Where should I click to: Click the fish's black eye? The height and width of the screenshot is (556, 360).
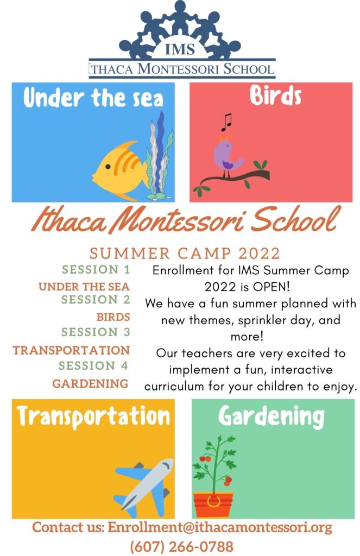pyautogui.click(x=108, y=166)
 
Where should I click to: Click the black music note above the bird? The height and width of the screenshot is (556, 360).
pyautogui.click(x=226, y=122)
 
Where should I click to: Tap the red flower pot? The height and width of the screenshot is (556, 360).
pyautogui.click(x=213, y=504)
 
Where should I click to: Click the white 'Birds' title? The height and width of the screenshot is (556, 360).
pyautogui.click(x=275, y=96)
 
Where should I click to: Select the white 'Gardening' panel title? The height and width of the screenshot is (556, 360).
pyautogui.click(x=271, y=416)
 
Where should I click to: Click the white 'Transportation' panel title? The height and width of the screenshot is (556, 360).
pyautogui.click(x=93, y=416)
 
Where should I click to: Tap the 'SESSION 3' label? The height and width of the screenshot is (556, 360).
pyautogui.click(x=96, y=332)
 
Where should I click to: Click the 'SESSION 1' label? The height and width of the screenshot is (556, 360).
pyautogui.click(x=96, y=269)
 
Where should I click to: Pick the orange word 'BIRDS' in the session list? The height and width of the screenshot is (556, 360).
pyautogui.click(x=113, y=317)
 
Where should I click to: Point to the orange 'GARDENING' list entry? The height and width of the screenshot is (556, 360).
pyautogui.click(x=90, y=383)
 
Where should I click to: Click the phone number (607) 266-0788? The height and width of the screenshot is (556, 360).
pyautogui.click(x=181, y=546)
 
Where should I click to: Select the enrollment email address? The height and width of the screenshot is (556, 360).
pyautogui.click(x=220, y=527)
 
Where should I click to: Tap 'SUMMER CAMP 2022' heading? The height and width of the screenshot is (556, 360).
pyautogui.click(x=185, y=254)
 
